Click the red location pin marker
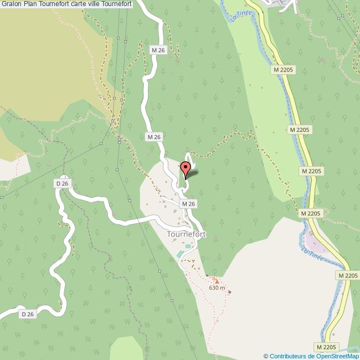[186, 168]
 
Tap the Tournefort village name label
[186, 234]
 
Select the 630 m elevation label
[217, 287]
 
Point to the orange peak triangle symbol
[217, 281]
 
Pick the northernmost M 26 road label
[158, 50]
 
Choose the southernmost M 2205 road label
[327, 347]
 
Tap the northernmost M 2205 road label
[284, 70]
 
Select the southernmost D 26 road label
[28, 314]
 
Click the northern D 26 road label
[62, 183]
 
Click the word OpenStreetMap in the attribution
[337, 356]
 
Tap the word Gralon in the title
[11, 4]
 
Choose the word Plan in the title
[30, 4]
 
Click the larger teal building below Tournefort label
[180, 254]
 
